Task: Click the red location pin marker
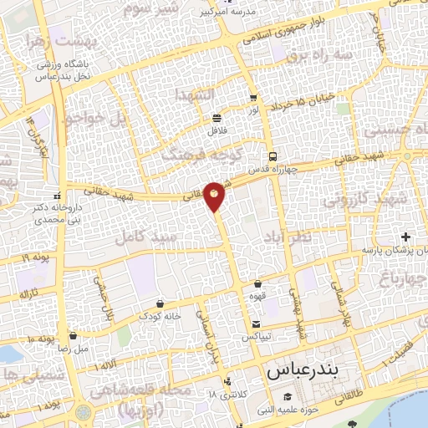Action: [x=215, y=196]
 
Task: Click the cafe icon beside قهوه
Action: [x=257, y=284]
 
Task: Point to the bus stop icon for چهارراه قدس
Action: [x=273, y=156]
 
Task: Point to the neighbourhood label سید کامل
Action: [x=148, y=236]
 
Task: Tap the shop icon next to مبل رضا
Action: [x=73, y=336]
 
